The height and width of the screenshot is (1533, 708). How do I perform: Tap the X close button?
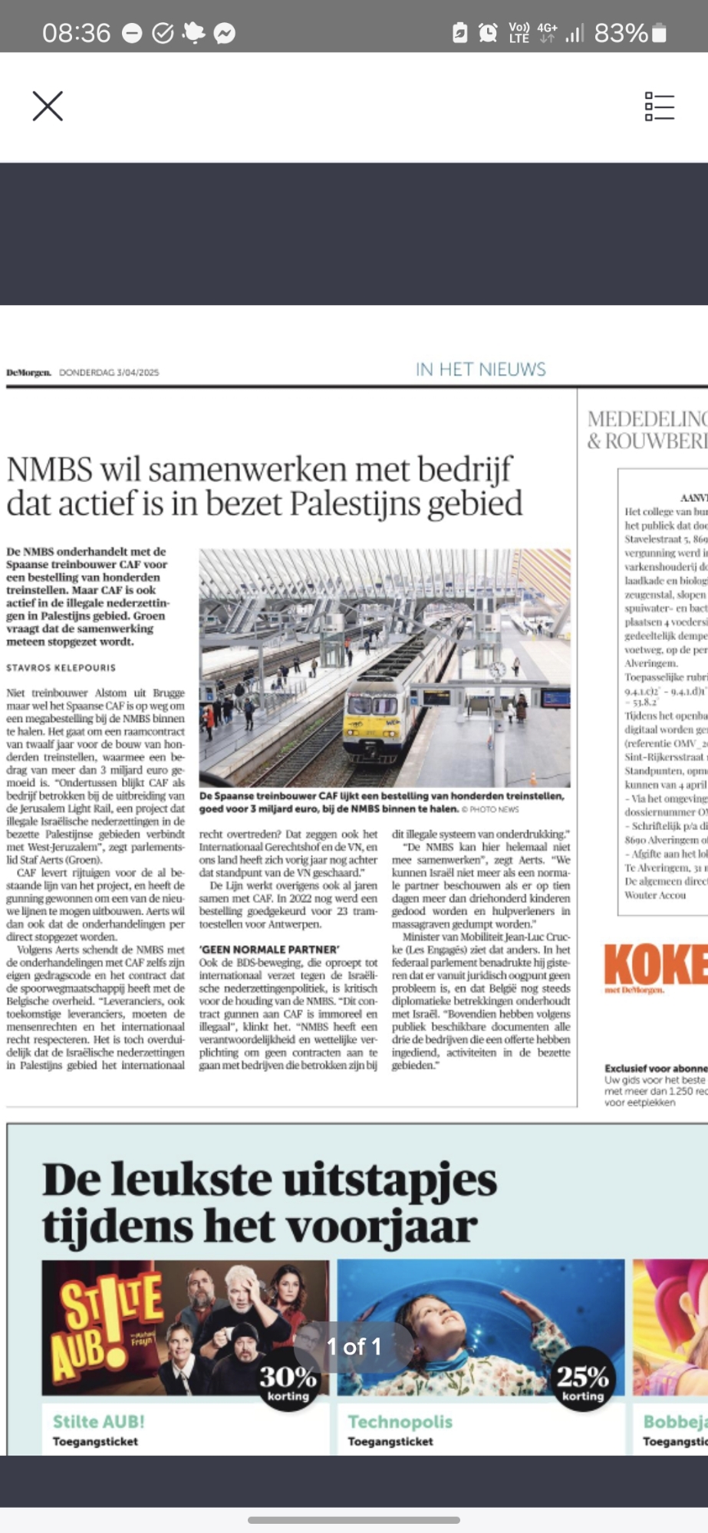click(x=48, y=107)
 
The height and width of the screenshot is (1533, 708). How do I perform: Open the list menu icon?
click(x=659, y=107)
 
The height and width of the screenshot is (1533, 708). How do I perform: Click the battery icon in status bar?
click(x=659, y=33)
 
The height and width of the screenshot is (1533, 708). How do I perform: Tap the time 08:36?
click(x=76, y=33)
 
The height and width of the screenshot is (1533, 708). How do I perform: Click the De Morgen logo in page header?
click(x=28, y=373)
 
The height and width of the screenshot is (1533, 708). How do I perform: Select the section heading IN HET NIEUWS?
click(x=480, y=369)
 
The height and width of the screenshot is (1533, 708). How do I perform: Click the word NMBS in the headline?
click(x=49, y=469)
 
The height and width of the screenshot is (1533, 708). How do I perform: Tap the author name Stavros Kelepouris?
click(x=61, y=668)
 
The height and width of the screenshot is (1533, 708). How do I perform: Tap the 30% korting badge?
click(x=288, y=1378)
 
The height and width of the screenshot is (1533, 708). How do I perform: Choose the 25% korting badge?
click(x=582, y=1378)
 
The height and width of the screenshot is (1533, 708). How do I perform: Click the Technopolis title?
click(x=400, y=1421)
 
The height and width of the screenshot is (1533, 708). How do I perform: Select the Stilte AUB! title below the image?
click(x=98, y=1421)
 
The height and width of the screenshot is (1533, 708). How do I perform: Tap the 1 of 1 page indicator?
click(x=354, y=1347)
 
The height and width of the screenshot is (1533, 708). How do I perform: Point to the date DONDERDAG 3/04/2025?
click(x=109, y=373)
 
